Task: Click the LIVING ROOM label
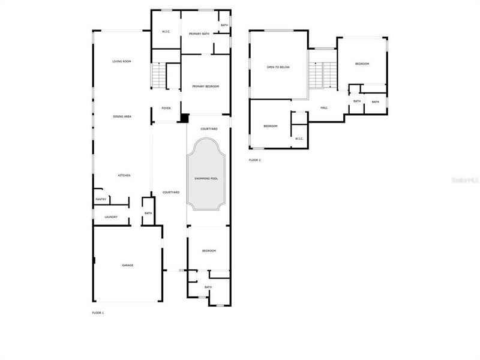click(122, 62)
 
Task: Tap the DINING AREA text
click(122, 116)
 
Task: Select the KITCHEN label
click(124, 175)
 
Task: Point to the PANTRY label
click(100, 200)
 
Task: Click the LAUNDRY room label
click(111, 217)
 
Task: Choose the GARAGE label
click(128, 265)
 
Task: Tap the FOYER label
click(166, 109)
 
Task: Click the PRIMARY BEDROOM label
click(205, 87)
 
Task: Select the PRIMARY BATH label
click(199, 34)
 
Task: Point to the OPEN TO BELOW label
click(278, 67)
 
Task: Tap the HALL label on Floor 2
click(324, 108)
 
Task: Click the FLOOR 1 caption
click(98, 313)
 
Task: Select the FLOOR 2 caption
click(255, 160)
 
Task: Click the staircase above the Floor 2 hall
click(323, 75)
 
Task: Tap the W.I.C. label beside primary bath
click(167, 32)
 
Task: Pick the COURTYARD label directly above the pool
click(209, 129)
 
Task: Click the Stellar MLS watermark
click(466, 179)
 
